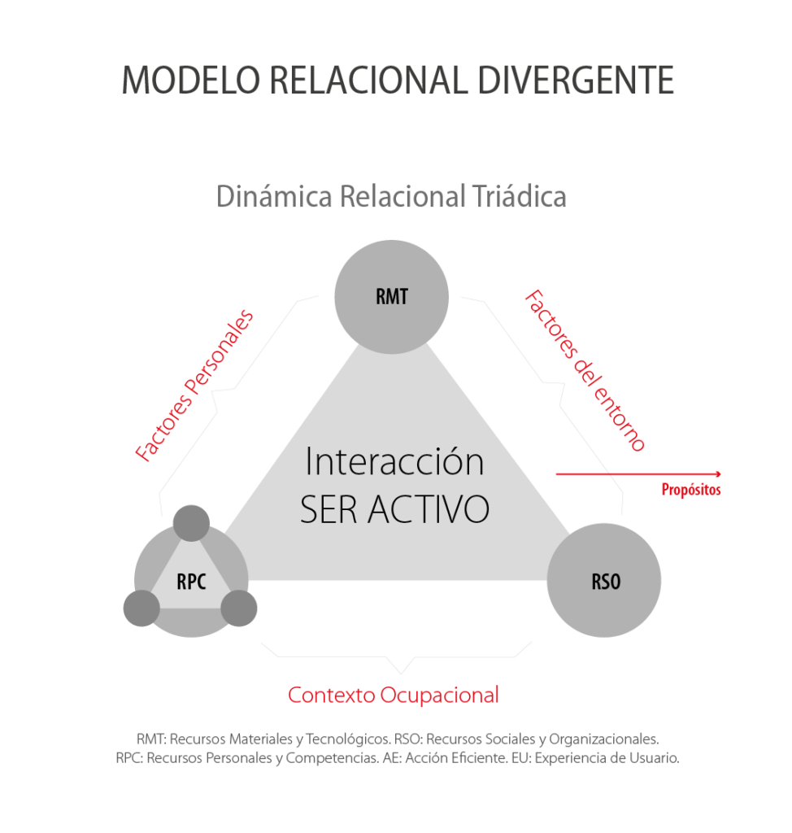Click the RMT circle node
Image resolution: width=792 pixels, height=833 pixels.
pos(391,297)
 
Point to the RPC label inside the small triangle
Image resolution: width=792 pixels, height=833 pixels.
pos(191,582)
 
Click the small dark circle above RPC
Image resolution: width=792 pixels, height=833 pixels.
pos(192,523)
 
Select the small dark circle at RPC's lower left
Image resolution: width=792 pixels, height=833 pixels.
pos(141,607)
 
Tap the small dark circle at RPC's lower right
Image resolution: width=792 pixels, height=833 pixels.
pos(239,608)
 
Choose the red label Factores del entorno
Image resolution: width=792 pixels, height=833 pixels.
pos(585,371)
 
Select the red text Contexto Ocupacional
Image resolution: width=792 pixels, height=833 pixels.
pos(394,696)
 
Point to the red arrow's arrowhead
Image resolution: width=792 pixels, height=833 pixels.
pos(718,473)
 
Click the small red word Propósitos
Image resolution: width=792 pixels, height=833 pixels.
pos(690,491)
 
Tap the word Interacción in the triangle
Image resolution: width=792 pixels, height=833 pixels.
pos(394,462)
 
